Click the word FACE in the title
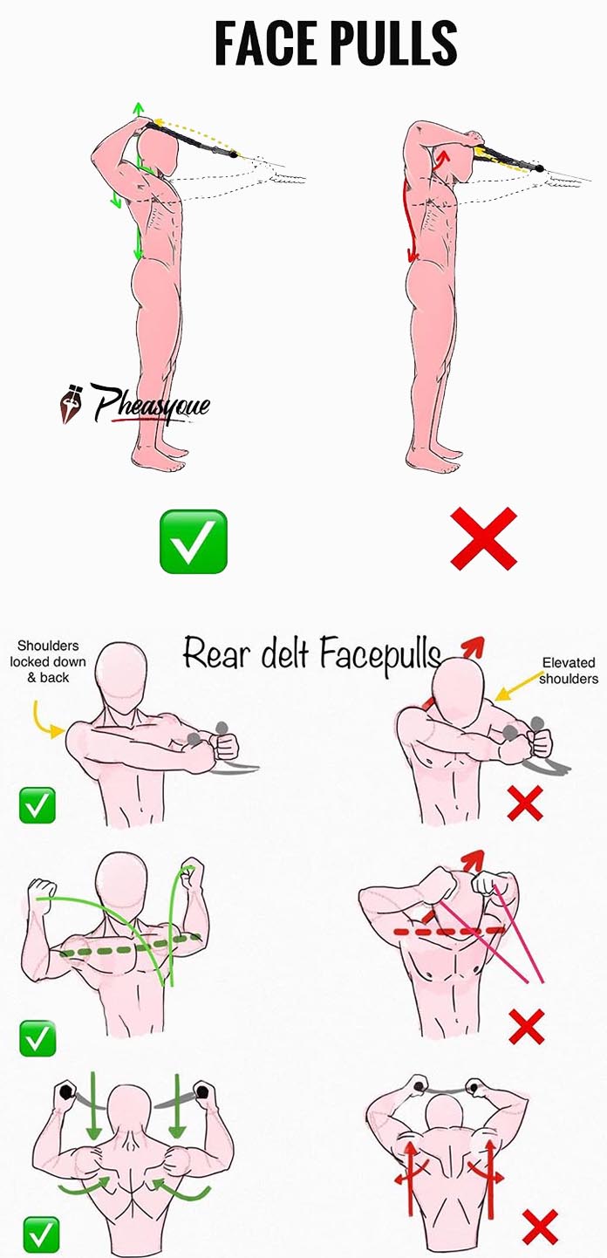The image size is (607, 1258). click(265, 44)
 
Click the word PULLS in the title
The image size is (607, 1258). click(393, 44)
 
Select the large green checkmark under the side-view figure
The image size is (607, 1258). click(194, 542)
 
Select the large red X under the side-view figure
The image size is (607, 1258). click(483, 539)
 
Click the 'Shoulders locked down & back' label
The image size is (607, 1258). click(48, 661)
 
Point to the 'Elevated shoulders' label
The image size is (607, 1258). click(569, 671)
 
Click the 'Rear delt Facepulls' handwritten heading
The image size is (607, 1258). click(311, 655)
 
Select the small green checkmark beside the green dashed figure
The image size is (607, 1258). click(38, 1038)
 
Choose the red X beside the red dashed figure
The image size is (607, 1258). click(526, 1026)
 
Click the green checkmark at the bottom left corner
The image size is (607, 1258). click(41, 1234)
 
